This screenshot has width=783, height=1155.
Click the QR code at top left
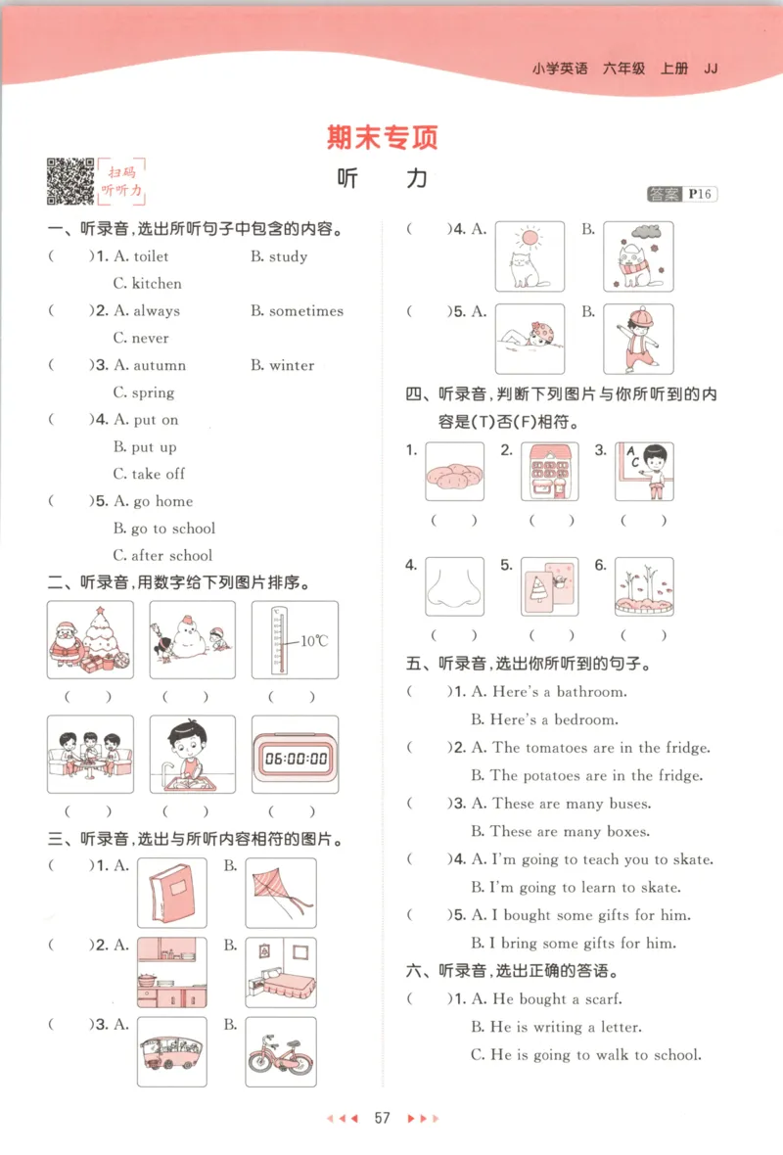coord(70,181)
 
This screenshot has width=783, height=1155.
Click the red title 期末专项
coord(383,138)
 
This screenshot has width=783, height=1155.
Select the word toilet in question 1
coord(151,256)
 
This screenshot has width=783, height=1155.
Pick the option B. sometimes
coord(297,311)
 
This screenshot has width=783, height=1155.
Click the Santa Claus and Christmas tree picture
coord(90,640)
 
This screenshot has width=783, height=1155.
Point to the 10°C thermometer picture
coord(295,640)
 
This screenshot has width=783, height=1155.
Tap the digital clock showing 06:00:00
coord(295,755)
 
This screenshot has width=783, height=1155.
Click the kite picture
coord(281,894)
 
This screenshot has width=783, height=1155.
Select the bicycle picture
coord(281,1052)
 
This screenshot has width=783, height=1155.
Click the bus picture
coord(172,1052)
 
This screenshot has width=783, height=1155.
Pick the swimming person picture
coord(530,339)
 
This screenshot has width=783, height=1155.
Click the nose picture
coord(454,586)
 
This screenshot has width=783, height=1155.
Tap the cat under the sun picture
coord(530,256)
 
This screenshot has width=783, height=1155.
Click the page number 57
coord(383,1118)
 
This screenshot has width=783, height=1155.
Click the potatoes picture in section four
coord(454,472)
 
